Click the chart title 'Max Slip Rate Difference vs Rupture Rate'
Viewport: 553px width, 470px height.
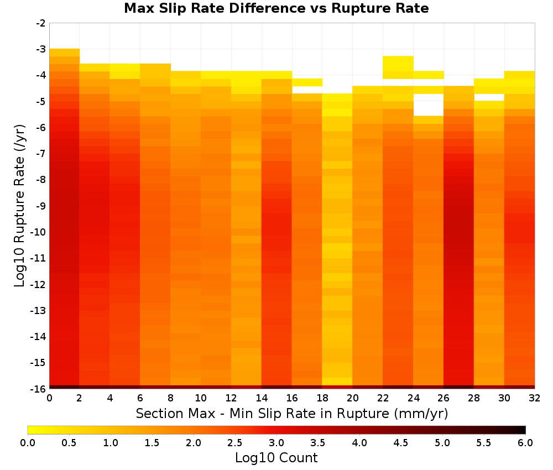point(276,8)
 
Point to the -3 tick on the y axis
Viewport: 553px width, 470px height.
point(41,49)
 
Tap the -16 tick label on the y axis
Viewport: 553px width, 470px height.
point(38,389)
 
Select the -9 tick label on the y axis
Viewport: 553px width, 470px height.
point(41,206)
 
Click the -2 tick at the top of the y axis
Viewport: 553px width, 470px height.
point(41,23)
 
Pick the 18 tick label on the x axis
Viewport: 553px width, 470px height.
point(322,398)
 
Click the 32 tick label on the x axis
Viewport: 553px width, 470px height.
point(535,398)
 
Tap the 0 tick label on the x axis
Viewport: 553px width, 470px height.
point(49,398)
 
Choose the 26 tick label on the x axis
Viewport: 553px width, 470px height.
point(444,398)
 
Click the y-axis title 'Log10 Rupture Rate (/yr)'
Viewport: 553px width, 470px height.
point(19,206)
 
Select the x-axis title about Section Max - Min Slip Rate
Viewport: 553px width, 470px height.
point(292,413)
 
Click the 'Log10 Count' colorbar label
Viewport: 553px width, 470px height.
point(276,458)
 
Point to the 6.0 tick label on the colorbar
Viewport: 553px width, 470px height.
point(525,443)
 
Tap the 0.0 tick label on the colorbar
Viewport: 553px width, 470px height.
point(28,443)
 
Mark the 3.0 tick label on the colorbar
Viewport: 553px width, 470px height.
point(276,443)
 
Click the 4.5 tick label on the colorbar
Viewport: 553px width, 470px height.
point(400,443)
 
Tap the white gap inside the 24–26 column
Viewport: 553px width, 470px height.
point(429,105)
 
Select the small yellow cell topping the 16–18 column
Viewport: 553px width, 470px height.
point(307,82)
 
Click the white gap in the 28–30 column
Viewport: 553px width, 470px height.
point(489,97)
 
